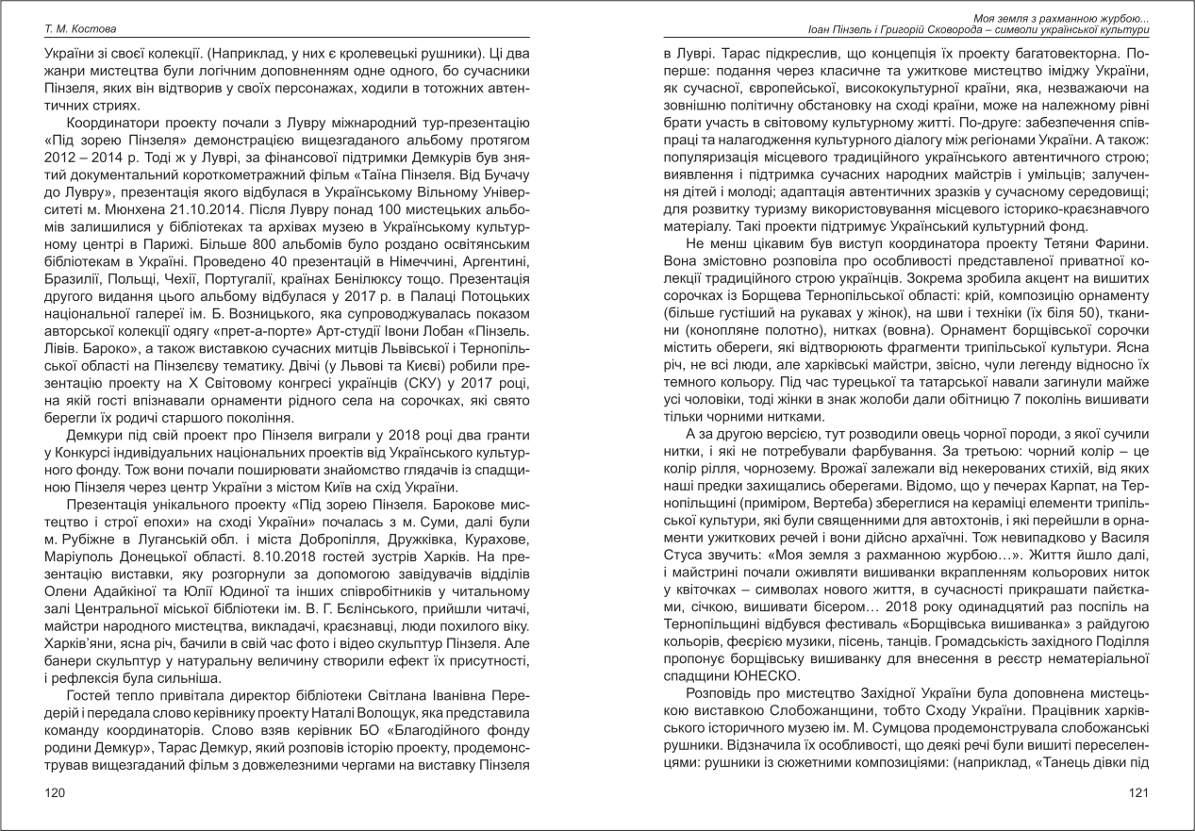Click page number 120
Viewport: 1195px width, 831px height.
point(56,794)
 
